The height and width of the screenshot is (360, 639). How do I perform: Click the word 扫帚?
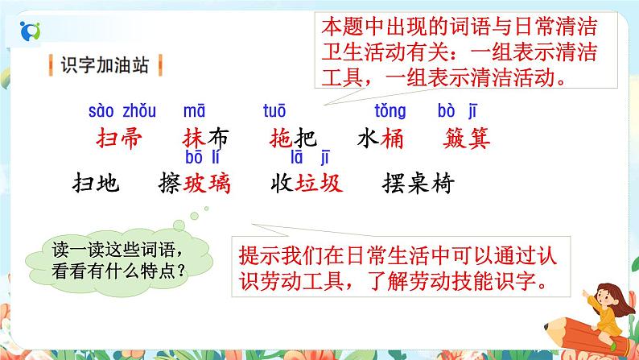118,138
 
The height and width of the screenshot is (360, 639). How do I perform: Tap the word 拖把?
289,138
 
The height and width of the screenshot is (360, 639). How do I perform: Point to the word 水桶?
379,138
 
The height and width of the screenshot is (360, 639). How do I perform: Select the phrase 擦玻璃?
196,183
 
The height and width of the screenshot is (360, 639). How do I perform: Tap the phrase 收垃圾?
308,183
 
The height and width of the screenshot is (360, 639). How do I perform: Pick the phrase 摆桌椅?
419,183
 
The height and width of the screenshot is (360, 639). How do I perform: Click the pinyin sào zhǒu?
122,111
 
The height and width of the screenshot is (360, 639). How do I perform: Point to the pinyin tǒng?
390,111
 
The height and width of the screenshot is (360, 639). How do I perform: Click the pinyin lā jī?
311,156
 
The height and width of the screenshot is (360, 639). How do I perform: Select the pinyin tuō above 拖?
274,111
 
